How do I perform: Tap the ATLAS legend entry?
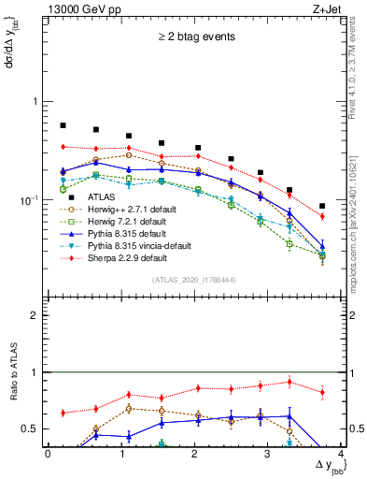(x=103, y=196)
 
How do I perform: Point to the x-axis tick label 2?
(x=194, y=454)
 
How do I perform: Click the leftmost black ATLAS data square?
(x=63, y=124)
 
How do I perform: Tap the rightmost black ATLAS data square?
(x=322, y=206)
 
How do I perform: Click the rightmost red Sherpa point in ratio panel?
(x=322, y=392)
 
